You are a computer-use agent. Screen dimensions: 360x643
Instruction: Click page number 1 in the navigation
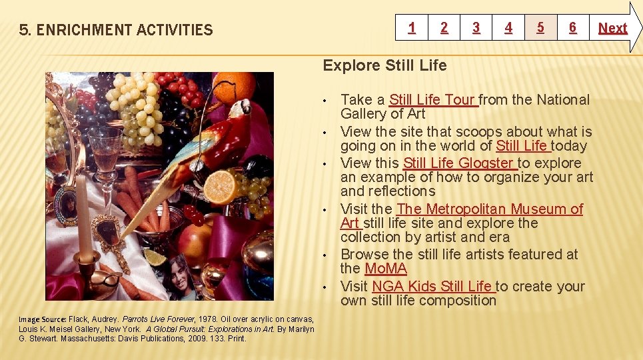click(412, 28)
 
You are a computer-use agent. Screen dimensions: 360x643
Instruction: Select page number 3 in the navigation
click(476, 28)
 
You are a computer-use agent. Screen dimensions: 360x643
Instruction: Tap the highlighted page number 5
click(540, 28)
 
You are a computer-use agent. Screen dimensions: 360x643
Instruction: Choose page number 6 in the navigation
click(572, 28)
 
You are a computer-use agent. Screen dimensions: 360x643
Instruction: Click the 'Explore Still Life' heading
click(384, 65)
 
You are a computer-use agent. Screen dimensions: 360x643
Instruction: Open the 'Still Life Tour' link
click(432, 100)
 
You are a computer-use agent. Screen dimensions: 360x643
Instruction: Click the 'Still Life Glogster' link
click(459, 163)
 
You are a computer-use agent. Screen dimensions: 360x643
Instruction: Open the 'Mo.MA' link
click(385, 269)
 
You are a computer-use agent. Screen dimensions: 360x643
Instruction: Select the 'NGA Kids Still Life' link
click(432, 287)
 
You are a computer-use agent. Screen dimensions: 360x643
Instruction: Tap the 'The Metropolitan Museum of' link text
click(490, 209)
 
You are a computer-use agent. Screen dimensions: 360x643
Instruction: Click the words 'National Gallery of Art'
click(382, 114)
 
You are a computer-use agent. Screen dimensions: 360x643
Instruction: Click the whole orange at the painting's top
click(235, 88)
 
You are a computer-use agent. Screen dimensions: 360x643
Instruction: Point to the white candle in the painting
click(83, 217)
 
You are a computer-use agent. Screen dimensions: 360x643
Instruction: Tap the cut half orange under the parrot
click(220, 187)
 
